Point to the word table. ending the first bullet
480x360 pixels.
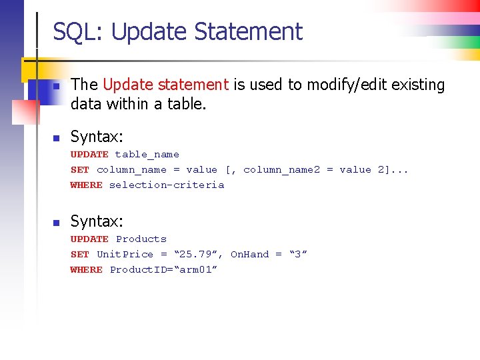[x=187, y=103]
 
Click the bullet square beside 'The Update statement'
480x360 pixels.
[x=57, y=87]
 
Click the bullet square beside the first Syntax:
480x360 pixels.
[x=57, y=138]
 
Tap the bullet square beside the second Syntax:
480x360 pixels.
[x=57, y=223]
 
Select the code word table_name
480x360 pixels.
[x=147, y=155]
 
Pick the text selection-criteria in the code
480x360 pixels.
[x=167, y=185]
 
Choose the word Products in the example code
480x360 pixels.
[x=141, y=239]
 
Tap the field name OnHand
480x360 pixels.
[x=249, y=255]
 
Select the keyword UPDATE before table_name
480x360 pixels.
[x=89, y=155]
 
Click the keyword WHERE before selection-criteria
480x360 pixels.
[x=87, y=185]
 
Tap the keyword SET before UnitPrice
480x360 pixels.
[x=80, y=255]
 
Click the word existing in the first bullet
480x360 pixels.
[x=419, y=85]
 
